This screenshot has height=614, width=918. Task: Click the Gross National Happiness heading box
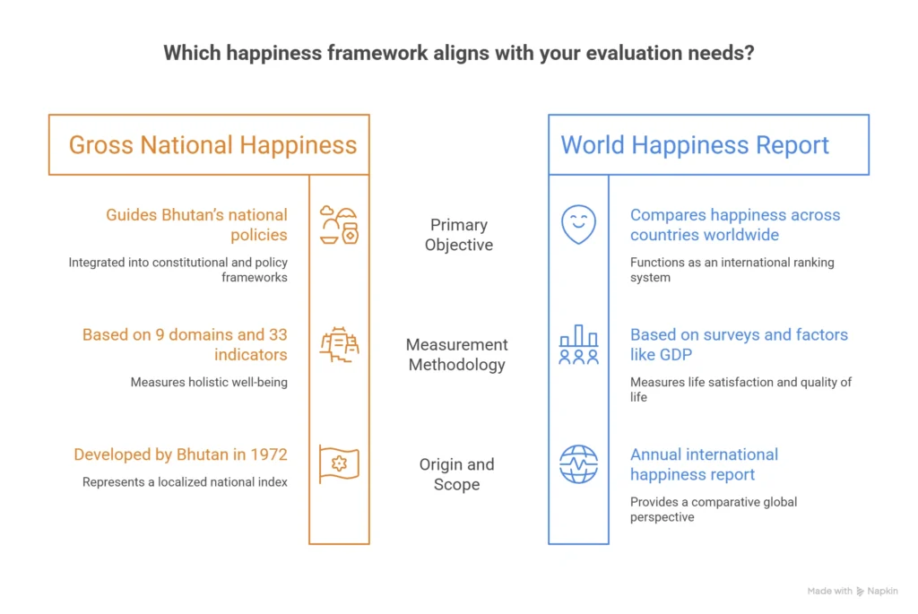coord(209,144)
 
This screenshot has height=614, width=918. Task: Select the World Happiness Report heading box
coord(708,144)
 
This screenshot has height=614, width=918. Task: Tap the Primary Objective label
coord(459,235)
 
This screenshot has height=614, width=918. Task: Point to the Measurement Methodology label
coord(456,355)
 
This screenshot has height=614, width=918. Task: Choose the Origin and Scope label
coord(456,474)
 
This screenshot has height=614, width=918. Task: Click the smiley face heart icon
coord(578,224)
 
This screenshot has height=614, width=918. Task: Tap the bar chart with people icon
coord(578,345)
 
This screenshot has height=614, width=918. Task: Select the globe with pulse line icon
coord(578,464)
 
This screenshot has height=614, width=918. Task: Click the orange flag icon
coord(339,464)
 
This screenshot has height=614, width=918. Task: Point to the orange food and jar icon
coord(339,225)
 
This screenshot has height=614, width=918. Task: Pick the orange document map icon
coord(339,345)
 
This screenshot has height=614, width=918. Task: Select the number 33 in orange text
coord(278,335)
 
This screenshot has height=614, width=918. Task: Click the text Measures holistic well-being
coord(209,382)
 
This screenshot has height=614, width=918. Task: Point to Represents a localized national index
coord(185,482)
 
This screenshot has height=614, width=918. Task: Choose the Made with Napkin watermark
coord(853,592)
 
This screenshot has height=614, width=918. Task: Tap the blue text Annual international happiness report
coord(705,464)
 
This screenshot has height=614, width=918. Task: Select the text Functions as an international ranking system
coord(732,270)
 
